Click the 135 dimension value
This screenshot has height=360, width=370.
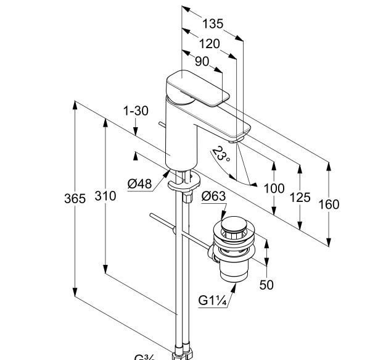[213, 24]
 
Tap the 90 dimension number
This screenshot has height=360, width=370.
[202, 62]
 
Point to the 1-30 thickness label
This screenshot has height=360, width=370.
[136, 111]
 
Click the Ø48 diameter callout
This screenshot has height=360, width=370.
[139, 183]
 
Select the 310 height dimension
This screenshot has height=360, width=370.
[105, 196]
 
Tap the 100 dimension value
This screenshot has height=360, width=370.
[274, 188]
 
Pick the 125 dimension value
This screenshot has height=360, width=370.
[300, 197]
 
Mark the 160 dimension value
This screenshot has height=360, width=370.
[329, 204]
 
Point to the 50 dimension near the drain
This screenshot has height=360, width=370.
[266, 284]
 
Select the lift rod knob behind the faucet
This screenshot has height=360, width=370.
[161, 125]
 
